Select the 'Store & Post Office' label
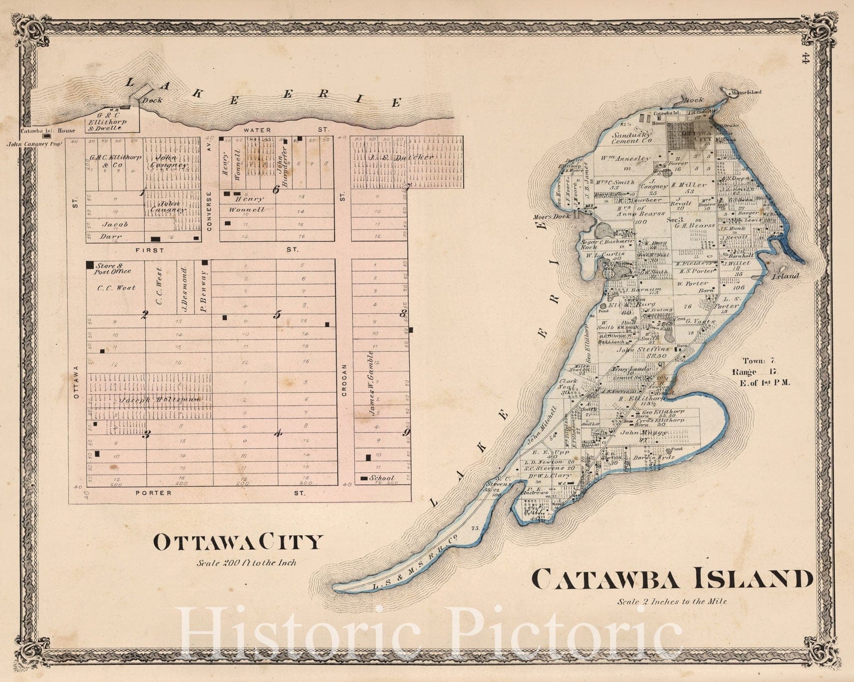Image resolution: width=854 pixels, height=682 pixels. pyautogui.click(x=113, y=268)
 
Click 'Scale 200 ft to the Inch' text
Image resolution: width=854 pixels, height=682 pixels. pyautogui.click(x=246, y=562)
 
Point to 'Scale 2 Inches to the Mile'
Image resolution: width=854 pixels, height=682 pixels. pyautogui.click(x=672, y=601)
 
